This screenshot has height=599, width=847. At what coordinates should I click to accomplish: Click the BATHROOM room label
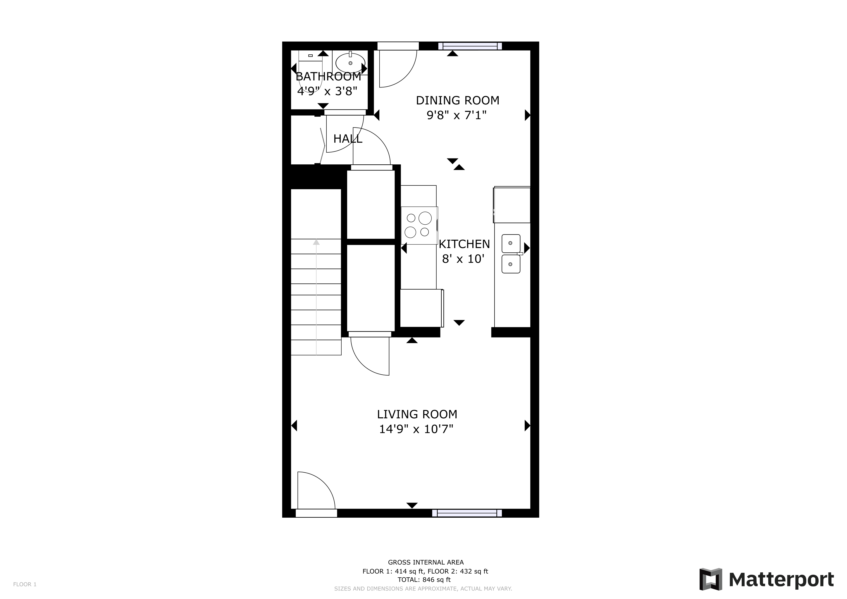pyautogui.click(x=328, y=76)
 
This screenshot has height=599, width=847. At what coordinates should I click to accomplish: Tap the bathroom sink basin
pyautogui.click(x=350, y=63)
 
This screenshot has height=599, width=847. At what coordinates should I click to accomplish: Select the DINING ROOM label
pyautogui.click(x=457, y=100)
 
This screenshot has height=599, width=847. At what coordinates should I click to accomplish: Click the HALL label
pyautogui.click(x=347, y=139)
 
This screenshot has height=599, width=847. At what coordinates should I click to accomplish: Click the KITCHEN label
pyautogui.click(x=464, y=244)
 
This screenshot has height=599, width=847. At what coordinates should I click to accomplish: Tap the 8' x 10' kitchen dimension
pyautogui.click(x=463, y=259)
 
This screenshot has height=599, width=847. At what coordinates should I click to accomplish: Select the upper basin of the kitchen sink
pyautogui.click(x=511, y=243)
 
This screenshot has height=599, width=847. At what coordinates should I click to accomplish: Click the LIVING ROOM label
pyautogui.click(x=417, y=414)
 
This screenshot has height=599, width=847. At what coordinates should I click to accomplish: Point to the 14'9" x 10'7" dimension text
pyautogui.click(x=416, y=429)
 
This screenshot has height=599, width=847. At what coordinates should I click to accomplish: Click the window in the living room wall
pyautogui.click(x=467, y=513)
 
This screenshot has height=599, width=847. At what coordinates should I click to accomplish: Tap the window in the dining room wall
pyautogui.click(x=470, y=46)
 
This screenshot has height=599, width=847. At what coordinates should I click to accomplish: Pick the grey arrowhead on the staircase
pyautogui.click(x=316, y=242)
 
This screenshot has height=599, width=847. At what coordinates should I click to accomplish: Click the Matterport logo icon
pyautogui.click(x=710, y=579)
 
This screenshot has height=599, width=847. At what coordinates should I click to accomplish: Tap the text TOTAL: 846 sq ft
pyautogui.click(x=424, y=579)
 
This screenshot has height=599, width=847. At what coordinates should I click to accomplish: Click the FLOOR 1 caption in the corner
pyautogui.click(x=25, y=584)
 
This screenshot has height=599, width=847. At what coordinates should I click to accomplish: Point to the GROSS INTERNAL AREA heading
pyautogui.click(x=426, y=562)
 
